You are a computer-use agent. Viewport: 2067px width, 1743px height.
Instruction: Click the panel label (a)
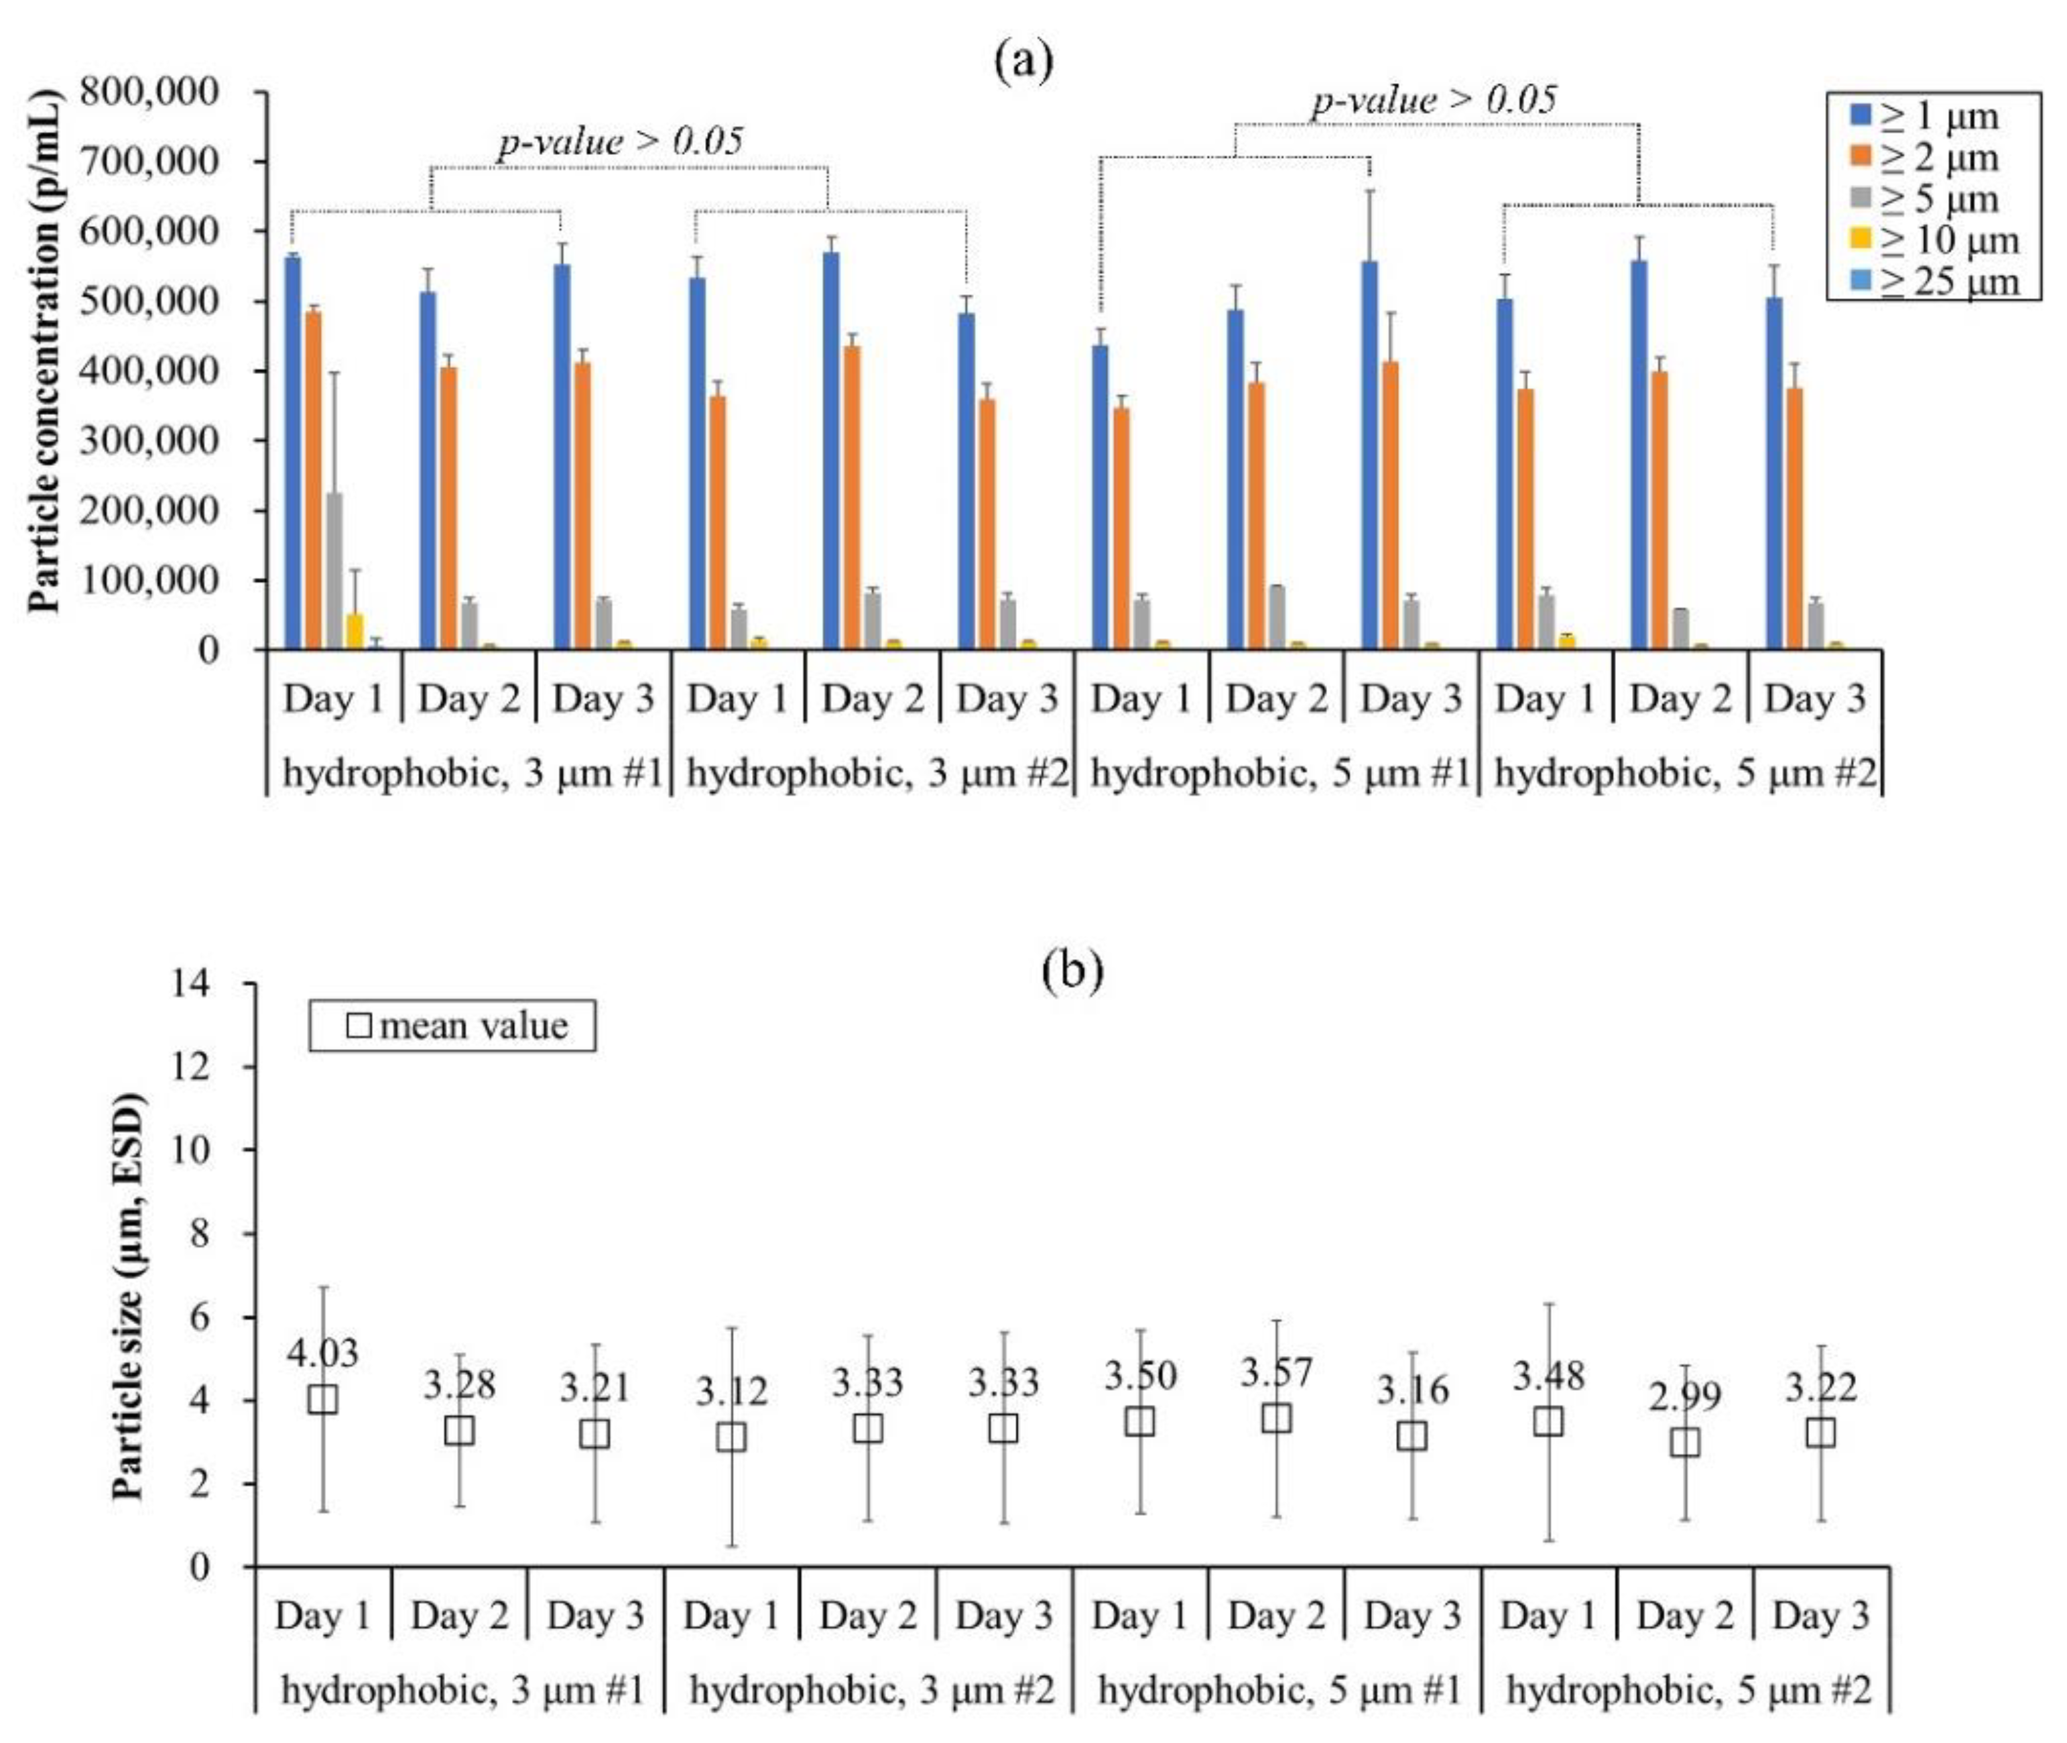(1023, 61)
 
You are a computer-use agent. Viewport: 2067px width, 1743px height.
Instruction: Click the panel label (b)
(1073, 969)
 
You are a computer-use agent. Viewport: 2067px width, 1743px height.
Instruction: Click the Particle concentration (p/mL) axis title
(44, 351)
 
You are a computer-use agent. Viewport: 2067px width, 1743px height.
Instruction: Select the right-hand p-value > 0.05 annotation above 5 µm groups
(1434, 99)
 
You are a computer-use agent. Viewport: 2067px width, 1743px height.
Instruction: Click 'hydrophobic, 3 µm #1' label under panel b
(462, 1689)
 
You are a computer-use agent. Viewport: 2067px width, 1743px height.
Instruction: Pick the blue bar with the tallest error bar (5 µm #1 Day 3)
(1369, 455)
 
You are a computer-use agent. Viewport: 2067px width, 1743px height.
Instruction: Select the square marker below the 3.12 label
(731, 1437)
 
